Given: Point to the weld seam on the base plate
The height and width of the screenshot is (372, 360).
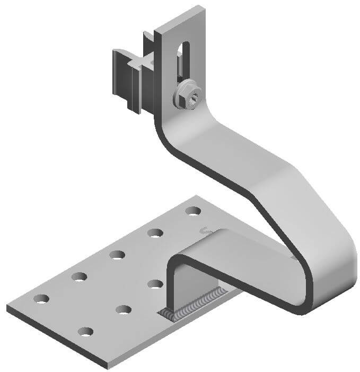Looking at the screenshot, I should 197,306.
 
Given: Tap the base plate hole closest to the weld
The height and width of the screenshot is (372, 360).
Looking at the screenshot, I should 155,283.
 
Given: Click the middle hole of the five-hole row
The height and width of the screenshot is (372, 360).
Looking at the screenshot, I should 117,254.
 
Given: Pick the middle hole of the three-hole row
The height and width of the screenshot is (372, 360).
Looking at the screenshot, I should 124,309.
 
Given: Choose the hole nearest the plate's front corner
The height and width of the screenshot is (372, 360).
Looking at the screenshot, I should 85,332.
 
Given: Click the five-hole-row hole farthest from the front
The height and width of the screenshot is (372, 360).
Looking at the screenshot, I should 193,211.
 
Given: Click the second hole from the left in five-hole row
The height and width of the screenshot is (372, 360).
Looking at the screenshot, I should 80,276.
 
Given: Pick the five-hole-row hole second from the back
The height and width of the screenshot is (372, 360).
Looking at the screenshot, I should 155,232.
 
